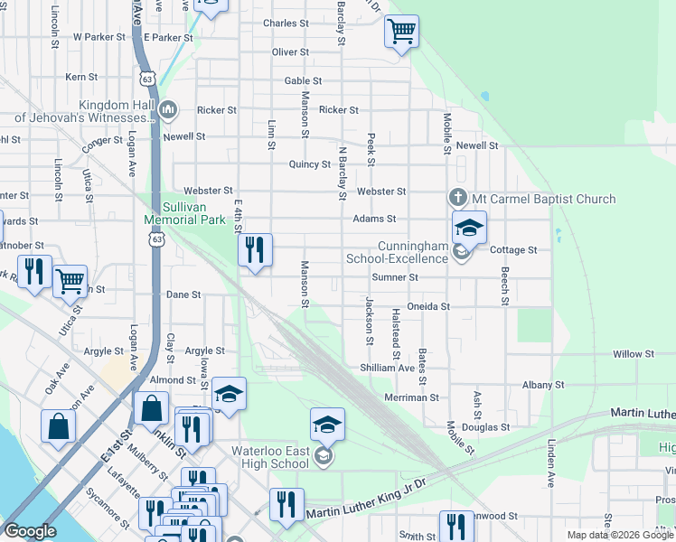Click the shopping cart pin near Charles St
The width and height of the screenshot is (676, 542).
401,33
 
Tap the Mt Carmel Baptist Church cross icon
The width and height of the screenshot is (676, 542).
458,198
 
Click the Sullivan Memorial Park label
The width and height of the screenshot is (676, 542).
184,213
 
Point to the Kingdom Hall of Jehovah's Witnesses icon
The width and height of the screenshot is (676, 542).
167,110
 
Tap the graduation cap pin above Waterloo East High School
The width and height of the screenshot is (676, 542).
327,424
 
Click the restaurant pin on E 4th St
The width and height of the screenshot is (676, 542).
255,249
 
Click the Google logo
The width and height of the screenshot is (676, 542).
30,530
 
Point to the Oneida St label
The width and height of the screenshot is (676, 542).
428,306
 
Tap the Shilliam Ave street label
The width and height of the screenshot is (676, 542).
387,368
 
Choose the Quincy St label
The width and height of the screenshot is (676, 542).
309,164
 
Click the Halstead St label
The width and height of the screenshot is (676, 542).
396,329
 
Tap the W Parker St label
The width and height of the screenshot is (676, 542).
99,37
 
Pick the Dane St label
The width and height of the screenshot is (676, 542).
183,294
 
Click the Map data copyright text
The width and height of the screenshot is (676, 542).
621,535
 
